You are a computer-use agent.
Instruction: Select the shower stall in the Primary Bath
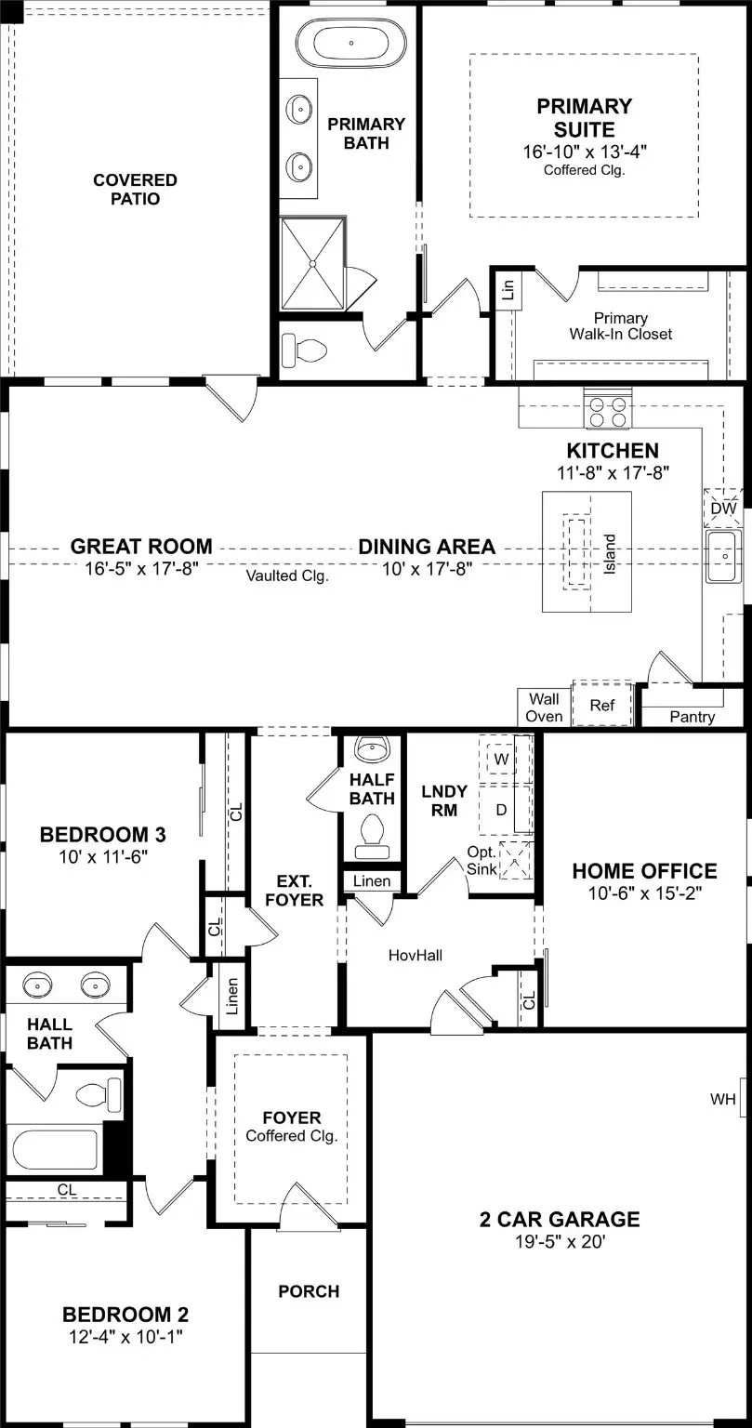[313, 263]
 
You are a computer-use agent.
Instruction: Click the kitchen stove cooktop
[607, 411]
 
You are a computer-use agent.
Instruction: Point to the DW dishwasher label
[723, 509]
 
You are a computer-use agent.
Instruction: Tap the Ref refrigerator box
[602, 706]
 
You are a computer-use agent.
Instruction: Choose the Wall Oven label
[545, 707]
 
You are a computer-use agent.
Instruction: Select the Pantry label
[693, 717]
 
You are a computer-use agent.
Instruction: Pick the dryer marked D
[502, 810]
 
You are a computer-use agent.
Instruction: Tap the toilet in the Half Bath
[373, 831]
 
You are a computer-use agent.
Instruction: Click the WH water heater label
[723, 1100]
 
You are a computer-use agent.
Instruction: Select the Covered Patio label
[135, 190]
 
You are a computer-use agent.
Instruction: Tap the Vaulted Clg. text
[287, 575]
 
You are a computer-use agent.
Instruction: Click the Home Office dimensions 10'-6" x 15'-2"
[644, 893]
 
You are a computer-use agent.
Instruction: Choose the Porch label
[309, 1291]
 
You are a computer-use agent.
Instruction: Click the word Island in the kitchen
[610, 554]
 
